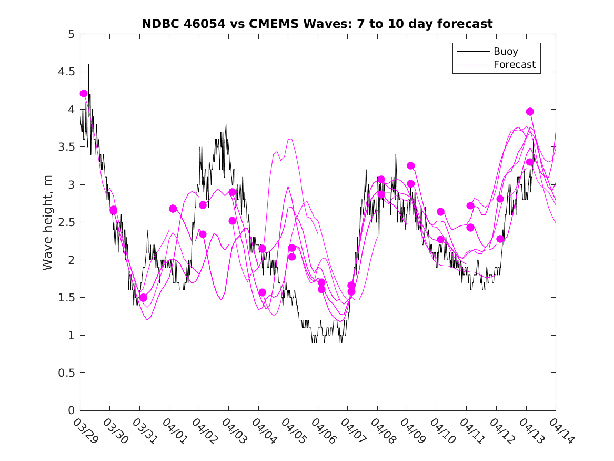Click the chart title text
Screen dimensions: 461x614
[317, 24]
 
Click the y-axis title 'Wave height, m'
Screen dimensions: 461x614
[48, 222]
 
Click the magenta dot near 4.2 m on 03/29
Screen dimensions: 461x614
[84, 94]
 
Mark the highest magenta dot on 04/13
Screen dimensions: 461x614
[530, 112]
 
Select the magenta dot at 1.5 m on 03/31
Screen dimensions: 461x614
[143, 298]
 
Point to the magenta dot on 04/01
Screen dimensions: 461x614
[173, 209]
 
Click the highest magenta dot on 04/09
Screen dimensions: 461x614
[411, 166]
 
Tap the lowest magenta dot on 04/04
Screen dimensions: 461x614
[262, 292]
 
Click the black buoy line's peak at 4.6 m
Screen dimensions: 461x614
[88, 64]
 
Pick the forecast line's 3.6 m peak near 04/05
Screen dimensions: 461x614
[291, 139]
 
